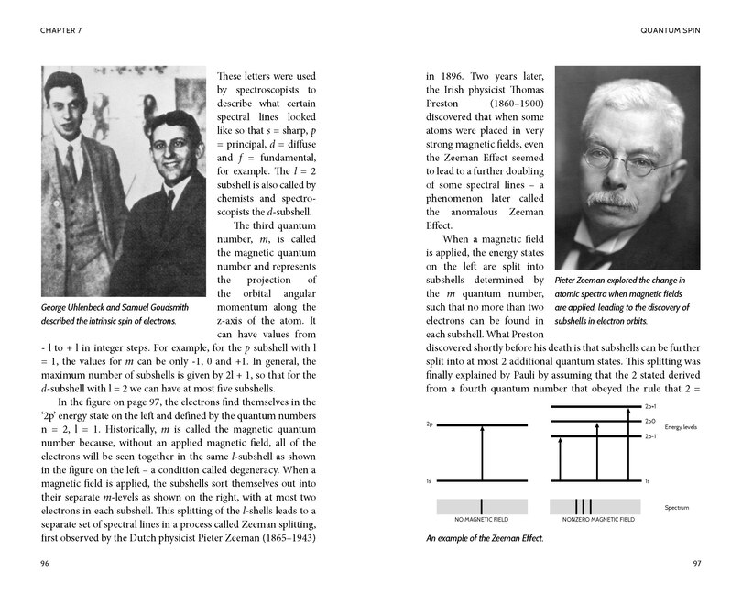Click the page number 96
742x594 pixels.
coord(46,562)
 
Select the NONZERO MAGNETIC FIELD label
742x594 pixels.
coord(594,520)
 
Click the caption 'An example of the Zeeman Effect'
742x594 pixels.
coord(483,537)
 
